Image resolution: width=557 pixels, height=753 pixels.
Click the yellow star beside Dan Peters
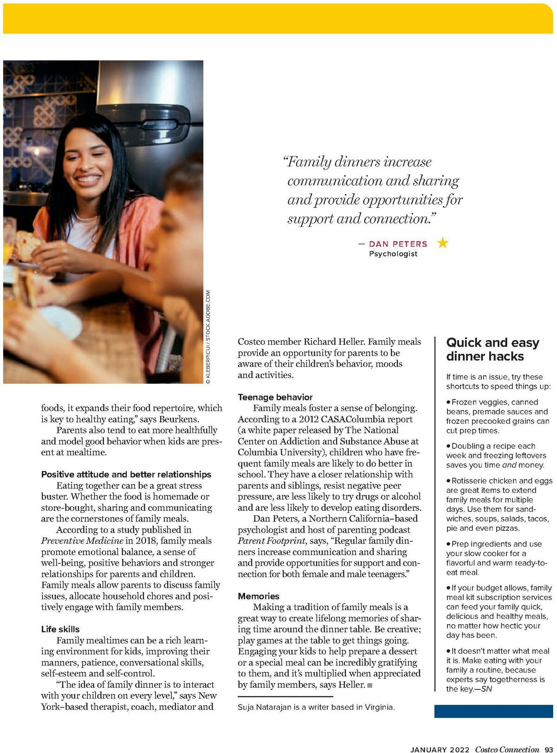[x=443, y=243]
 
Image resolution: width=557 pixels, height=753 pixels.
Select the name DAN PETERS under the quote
[x=398, y=244]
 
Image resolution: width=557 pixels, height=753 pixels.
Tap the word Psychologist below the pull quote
[x=393, y=254]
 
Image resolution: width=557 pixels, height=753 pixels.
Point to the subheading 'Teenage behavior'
[x=275, y=397]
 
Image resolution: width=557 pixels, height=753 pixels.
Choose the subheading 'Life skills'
[x=60, y=629]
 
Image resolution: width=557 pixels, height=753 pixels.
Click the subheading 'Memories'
[x=259, y=596]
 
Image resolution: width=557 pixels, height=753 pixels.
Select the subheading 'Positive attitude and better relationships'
[x=126, y=474]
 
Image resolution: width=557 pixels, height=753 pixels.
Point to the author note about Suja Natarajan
[x=316, y=708]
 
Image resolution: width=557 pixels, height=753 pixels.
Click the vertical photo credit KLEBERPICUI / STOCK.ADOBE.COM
[x=208, y=337]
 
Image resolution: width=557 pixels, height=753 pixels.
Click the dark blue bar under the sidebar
[x=493, y=711]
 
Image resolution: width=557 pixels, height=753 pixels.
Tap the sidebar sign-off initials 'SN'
[x=486, y=689]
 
